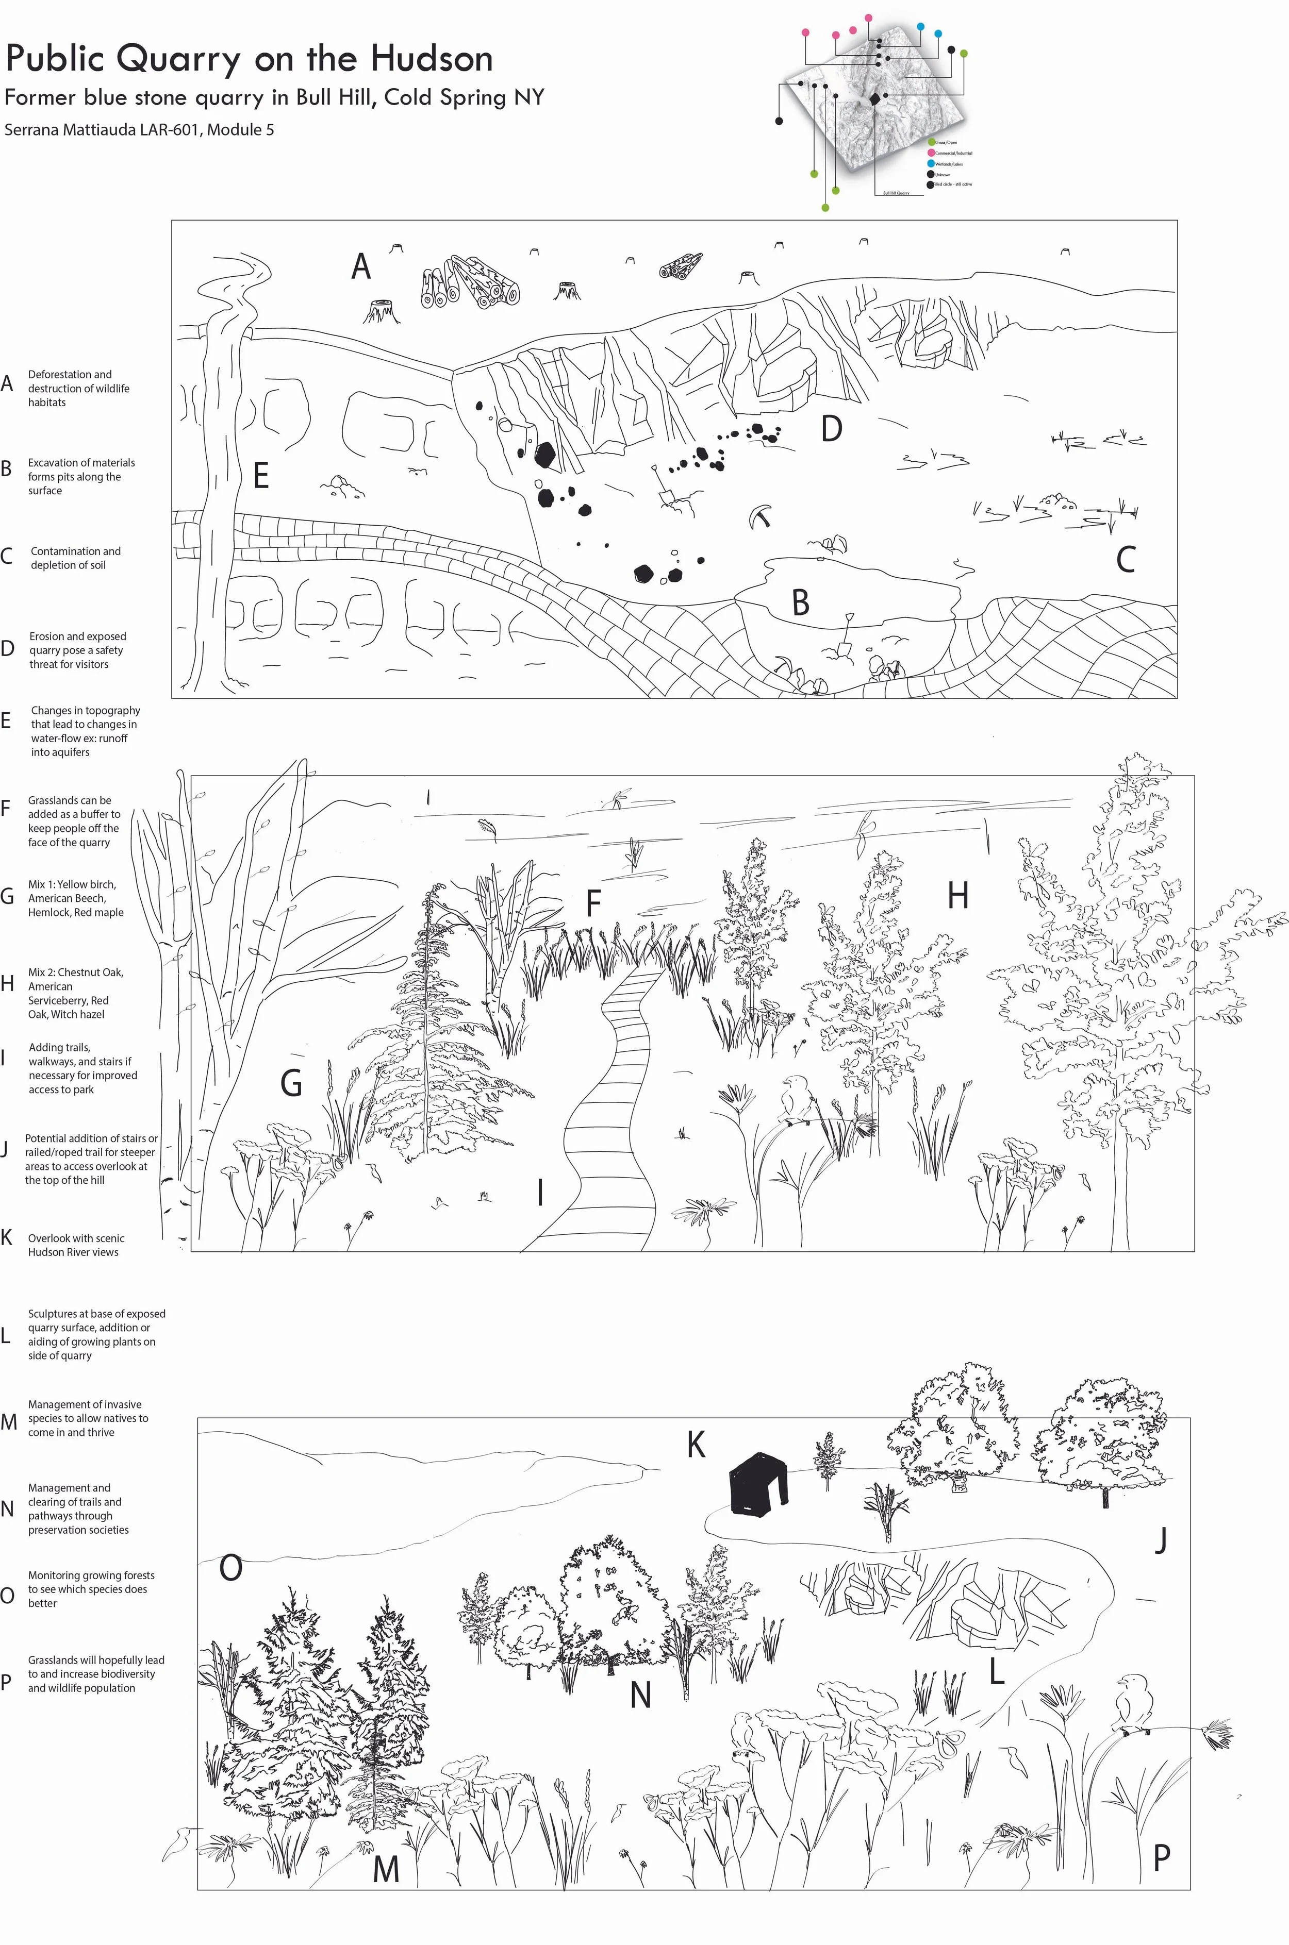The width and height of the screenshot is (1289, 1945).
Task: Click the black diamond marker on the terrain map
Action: pos(874,98)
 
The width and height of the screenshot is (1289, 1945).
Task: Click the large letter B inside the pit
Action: pos(800,602)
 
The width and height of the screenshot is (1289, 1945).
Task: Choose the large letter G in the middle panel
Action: pos(291,1083)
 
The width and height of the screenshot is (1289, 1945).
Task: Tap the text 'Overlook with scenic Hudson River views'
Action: pos(76,1245)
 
